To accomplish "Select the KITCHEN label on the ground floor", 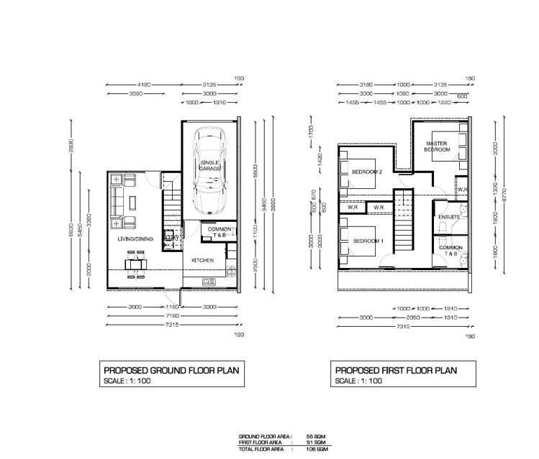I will (202, 260).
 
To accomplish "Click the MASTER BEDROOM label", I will (438, 147).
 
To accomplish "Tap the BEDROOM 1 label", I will (366, 241).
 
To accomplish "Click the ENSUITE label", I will (449, 217).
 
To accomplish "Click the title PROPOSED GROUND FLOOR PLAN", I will (171, 371).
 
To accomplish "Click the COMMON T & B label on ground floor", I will (217, 232).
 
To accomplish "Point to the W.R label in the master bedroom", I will (463, 190).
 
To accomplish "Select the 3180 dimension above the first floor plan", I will (367, 84).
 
